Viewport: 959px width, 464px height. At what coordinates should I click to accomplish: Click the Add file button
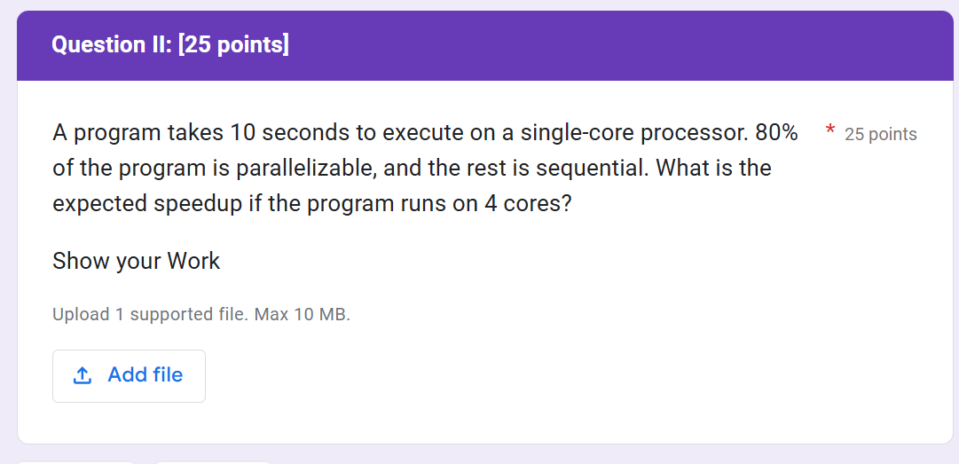(x=129, y=375)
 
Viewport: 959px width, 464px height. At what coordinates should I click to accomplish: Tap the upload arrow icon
(x=83, y=375)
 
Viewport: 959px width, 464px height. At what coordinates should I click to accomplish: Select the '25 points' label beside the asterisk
(x=881, y=135)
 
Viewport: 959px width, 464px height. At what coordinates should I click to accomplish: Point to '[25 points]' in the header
(x=234, y=44)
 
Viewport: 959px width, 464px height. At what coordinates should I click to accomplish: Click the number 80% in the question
(x=776, y=133)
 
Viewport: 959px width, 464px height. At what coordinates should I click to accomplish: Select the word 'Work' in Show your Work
(x=193, y=261)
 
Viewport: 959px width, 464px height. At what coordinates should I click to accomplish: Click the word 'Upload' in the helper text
(x=81, y=315)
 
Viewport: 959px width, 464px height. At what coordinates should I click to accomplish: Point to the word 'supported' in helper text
(x=171, y=315)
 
